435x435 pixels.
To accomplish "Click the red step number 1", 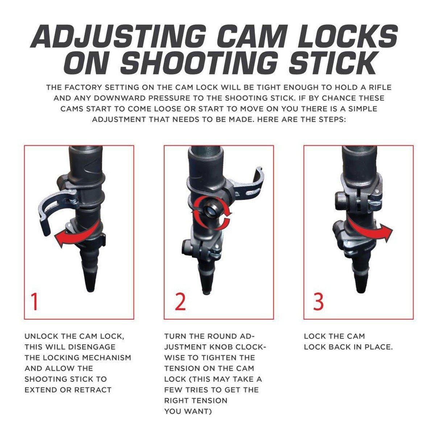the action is coord(34,302).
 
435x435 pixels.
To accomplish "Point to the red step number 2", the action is coord(180,302).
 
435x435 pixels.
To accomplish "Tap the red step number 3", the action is coord(319,302).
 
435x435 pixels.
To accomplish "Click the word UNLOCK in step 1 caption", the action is coord(41,336).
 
